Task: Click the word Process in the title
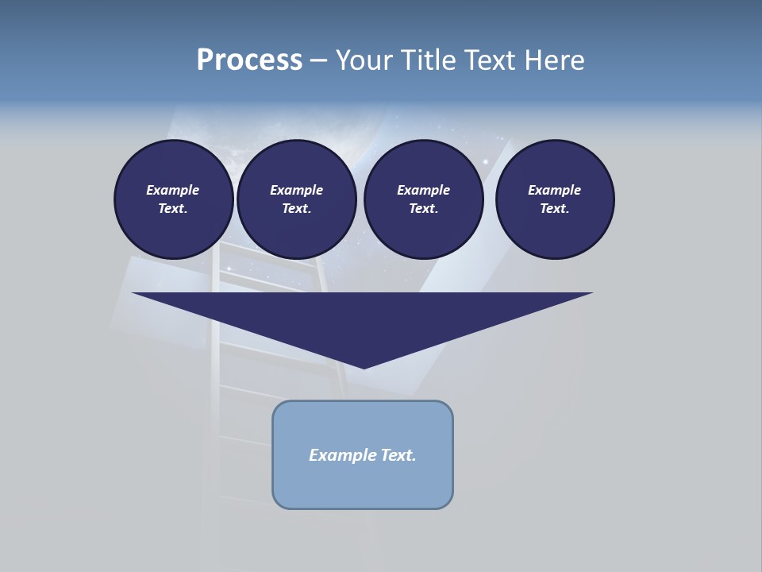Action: pos(249,60)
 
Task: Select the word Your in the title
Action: pos(364,60)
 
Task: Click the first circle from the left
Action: pos(174,199)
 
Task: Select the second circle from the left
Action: pos(297,199)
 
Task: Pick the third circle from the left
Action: pos(423,199)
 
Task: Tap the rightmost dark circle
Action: pos(555,199)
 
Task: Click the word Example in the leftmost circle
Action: pos(173,190)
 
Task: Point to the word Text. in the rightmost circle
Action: pos(555,209)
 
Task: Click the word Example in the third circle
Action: pos(423,190)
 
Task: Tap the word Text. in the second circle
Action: pos(297,209)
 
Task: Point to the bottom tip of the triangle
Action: pos(364,366)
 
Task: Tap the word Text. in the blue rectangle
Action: pos(398,455)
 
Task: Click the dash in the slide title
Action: pos(318,60)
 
